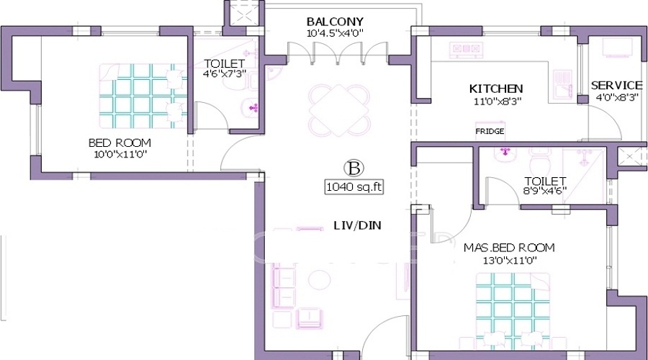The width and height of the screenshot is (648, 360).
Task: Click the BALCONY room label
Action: pyautogui.click(x=335, y=21)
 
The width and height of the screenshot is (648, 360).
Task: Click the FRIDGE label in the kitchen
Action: pyautogui.click(x=490, y=132)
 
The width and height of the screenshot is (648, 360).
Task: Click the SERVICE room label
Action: pyautogui.click(x=616, y=85)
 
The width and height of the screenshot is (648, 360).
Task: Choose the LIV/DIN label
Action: pyautogui.click(x=357, y=225)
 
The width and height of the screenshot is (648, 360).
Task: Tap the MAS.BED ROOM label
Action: pyautogui.click(x=509, y=248)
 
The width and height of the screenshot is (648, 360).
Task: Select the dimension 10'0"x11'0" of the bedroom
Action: pyautogui.click(x=120, y=153)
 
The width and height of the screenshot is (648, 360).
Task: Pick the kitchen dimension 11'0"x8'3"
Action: pyautogui.click(x=495, y=102)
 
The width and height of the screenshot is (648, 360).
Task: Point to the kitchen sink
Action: pyautogui.click(x=561, y=82)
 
